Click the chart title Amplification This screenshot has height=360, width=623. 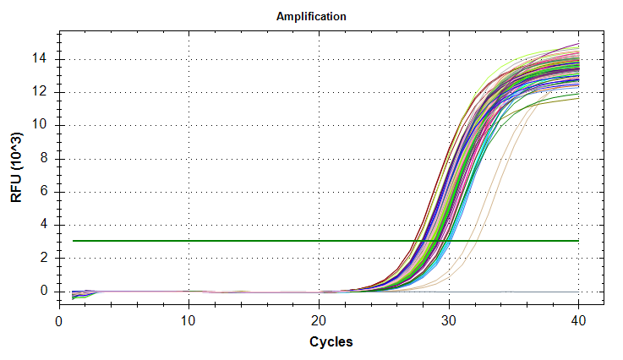pyautogui.click(x=311, y=16)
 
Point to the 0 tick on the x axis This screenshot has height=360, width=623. pyautogui.click(x=58, y=321)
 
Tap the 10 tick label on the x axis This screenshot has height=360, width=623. pyautogui.click(x=189, y=321)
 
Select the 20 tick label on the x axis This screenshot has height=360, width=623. pyautogui.click(x=319, y=321)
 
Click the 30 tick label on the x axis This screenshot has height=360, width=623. pyautogui.click(x=449, y=321)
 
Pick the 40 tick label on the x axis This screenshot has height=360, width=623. pyautogui.click(x=579, y=321)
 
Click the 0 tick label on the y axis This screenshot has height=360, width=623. pyautogui.click(x=46, y=292)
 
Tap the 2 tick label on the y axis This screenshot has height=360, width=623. pyautogui.click(x=46, y=258)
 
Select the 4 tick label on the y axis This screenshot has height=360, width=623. pyautogui.click(x=46, y=225)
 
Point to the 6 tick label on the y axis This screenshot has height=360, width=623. pyautogui.click(x=46, y=192)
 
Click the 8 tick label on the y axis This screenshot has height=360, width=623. pyautogui.click(x=46, y=158)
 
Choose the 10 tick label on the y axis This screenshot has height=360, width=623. pyautogui.click(x=43, y=125)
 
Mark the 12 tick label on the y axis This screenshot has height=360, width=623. pyautogui.click(x=43, y=91)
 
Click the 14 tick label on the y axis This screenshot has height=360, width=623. pyautogui.click(x=43, y=59)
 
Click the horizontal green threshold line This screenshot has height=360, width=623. pyautogui.click(x=211, y=241)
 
